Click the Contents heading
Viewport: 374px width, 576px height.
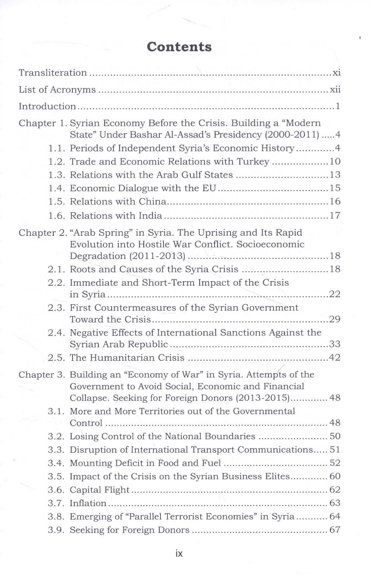tap(179, 47)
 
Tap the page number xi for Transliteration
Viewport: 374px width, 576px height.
tap(336, 73)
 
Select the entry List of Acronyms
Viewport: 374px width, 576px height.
tap(57, 90)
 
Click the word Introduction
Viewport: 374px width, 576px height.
tap(47, 106)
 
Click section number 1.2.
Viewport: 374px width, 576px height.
tap(56, 162)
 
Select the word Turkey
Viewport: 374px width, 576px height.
tap(253, 162)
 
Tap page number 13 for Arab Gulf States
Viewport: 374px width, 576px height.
tap(335, 175)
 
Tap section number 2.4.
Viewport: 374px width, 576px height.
tap(56, 333)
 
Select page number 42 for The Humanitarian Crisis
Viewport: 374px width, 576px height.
tap(335, 358)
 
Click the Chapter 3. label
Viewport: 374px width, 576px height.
tap(42, 375)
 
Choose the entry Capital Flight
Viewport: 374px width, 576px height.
tap(99, 490)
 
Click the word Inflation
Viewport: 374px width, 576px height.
tap(88, 503)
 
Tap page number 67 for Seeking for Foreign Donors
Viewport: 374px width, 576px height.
tap(335, 530)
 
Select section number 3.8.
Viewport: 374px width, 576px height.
tap(56, 517)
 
